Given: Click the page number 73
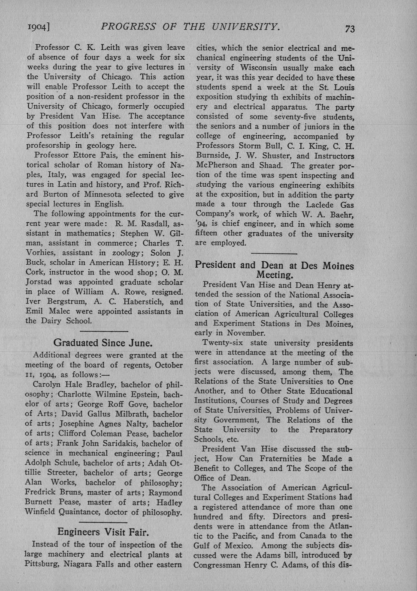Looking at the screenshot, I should [350, 28].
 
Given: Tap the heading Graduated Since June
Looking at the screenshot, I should [103, 343].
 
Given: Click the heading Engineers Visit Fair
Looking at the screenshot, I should [103, 532].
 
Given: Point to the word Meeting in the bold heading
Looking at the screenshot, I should [275, 275].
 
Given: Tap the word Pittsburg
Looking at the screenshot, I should [41, 564].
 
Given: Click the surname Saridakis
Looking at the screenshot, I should [118, 443].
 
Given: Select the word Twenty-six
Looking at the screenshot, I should [223, 343].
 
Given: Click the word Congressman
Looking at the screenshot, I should [217, 565].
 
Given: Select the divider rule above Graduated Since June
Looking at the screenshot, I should [104, 331].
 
